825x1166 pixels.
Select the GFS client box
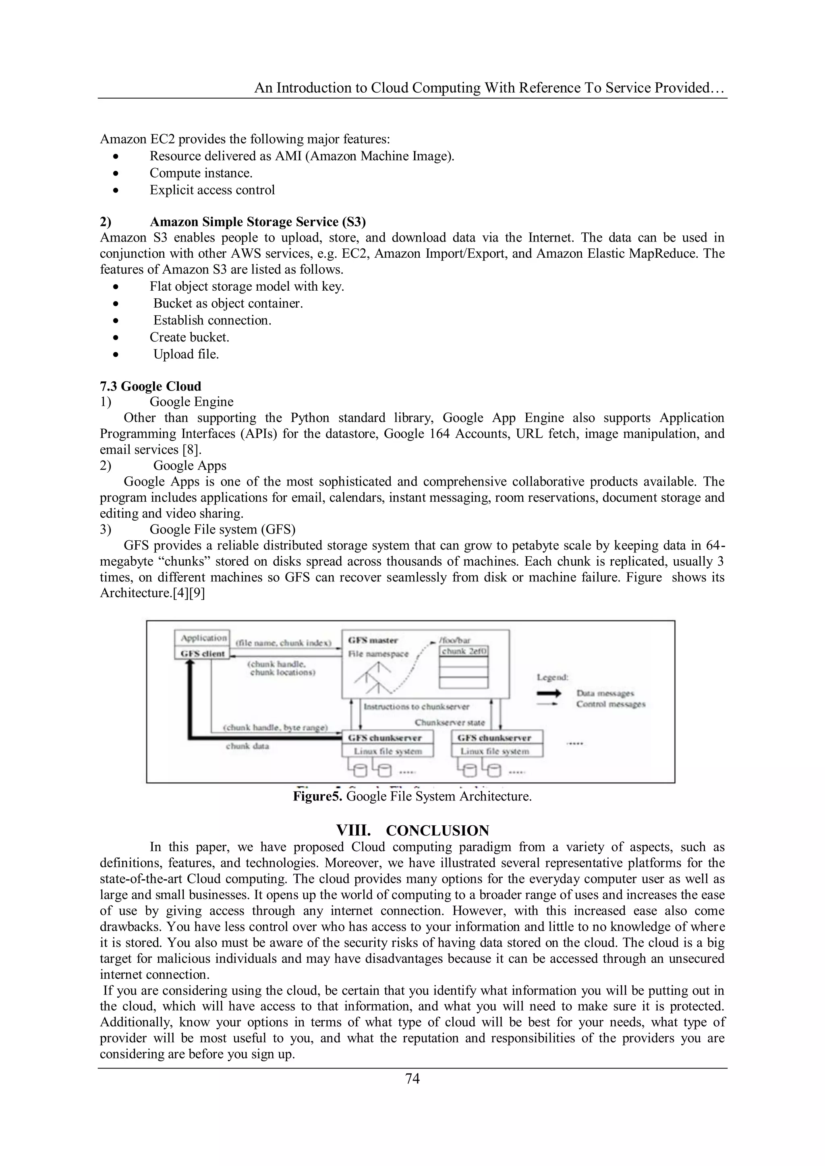point(203,653)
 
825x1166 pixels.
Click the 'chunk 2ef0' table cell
point(464,651)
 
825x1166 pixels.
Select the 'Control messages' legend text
point(611,704)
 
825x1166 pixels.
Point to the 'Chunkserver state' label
point(450,722)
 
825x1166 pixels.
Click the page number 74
point(412,1079)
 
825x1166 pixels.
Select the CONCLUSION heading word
point(437,831)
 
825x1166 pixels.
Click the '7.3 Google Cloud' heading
point(150,386)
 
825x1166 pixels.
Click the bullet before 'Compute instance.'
point(116,174)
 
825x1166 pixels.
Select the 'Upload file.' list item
point(186,354)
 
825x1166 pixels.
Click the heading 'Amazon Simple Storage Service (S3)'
point(257,222)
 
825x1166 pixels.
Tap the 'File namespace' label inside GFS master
point(378,654)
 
